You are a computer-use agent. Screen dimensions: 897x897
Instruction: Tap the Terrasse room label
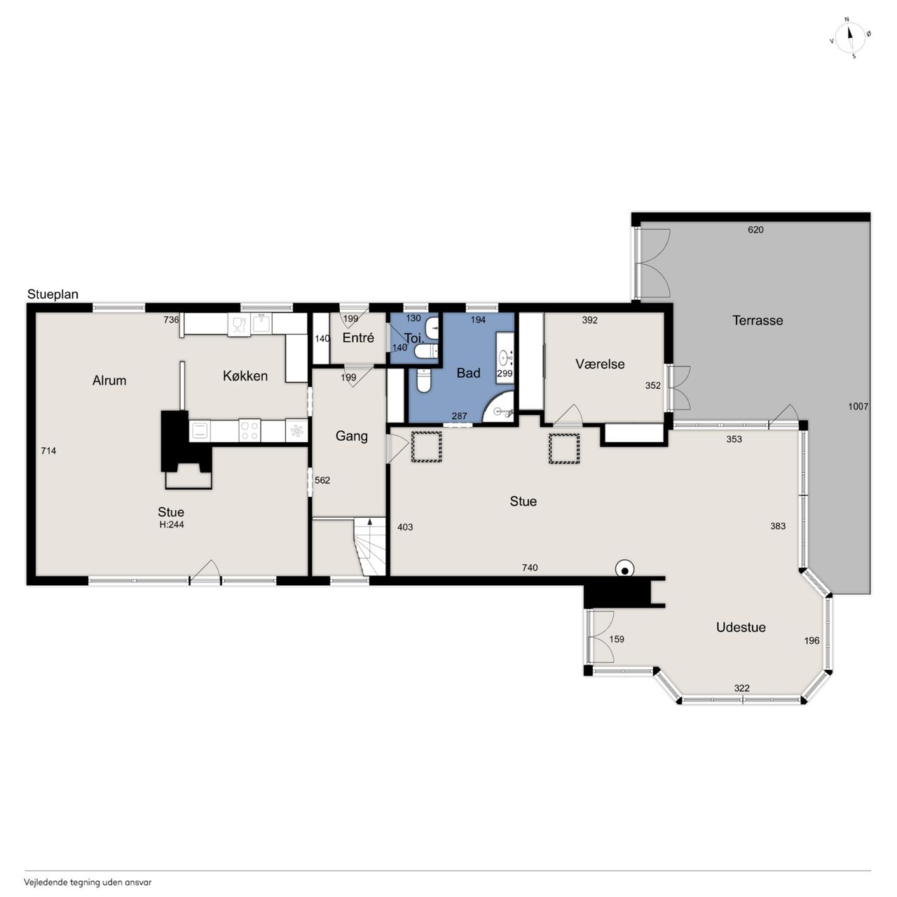[758, 320]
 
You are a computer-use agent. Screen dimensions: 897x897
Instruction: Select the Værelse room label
[600, 364]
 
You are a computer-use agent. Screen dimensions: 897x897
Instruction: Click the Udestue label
[741, 627]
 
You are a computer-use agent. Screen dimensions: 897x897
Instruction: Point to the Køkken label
[245, 376]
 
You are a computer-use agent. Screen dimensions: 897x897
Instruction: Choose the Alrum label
[109, 381]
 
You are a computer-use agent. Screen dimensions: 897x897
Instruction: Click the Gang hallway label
[352, 436]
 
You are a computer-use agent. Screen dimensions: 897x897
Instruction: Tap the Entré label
[358, 338]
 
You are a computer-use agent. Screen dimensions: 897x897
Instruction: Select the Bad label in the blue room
[468, 373]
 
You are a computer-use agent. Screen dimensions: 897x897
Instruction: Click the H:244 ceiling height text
[171, 525]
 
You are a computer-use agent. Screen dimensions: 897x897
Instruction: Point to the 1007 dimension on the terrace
[858, 406]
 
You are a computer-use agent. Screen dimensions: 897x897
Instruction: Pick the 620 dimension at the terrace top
[755, 229]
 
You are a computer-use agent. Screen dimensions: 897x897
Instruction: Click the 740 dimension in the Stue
[530, 568]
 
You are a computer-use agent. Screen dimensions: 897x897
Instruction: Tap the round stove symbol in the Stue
[624, 569]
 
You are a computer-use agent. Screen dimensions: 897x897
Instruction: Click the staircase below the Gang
[369, 547]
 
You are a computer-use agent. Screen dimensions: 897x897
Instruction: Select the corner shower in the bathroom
[498, 407]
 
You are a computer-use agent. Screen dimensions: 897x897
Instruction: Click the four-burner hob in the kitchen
[249, 430]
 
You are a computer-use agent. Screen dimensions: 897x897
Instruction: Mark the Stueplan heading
[53, 294]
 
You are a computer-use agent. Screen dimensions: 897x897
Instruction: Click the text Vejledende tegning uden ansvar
[88, 882]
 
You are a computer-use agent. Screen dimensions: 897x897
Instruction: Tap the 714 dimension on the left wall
[48, 451]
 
